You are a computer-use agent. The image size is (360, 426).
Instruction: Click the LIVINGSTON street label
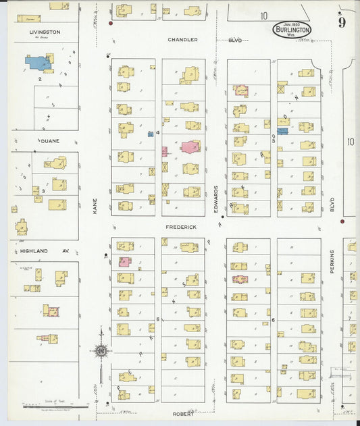[x=45, y=32]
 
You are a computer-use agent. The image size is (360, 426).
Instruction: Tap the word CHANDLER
[x=183, y=40]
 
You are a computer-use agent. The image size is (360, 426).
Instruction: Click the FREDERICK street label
[x=181, y=228]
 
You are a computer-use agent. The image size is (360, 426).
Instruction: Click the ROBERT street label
[x=182, y=413]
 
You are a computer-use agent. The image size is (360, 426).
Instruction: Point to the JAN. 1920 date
[x=292, y=24]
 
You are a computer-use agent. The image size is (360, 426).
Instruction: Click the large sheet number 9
[x=342, y=22]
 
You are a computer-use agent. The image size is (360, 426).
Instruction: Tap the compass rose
[x=100, y=350]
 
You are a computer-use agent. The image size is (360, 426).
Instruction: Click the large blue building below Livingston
[x=38, y=63]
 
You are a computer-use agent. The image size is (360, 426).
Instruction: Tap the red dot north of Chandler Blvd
[x=110, y=24]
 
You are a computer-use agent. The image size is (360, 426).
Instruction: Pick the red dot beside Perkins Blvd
[x=342, y=221]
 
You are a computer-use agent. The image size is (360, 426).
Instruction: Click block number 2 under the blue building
[x=40, y=79]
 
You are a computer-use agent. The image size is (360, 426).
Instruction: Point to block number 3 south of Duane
[x=43, y=191]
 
